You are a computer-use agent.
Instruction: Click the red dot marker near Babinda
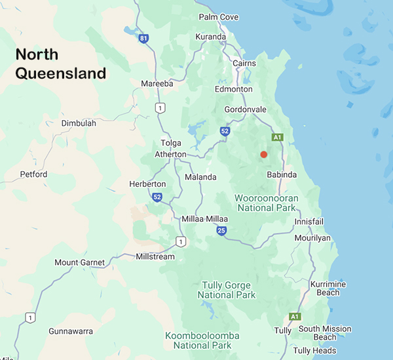coord(263,154)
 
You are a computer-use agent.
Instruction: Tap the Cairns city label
coord(245,64)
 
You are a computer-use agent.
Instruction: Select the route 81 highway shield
coord(143,39)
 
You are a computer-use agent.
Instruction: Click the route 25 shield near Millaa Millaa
coord(222,230)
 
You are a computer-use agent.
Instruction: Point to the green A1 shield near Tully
coord(295,316)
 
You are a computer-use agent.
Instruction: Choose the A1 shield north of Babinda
coord(278,137)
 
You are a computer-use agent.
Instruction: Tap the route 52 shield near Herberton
coord(157,197)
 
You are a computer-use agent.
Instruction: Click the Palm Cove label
coord(219,17)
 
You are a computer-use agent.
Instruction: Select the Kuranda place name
coord(210,37)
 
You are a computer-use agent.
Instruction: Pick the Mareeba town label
coord(157,83)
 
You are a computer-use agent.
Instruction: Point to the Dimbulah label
coord(79,123)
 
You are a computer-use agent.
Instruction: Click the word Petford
coord(33,174)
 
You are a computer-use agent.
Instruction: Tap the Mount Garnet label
coord(79,262)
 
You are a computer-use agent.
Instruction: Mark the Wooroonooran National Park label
coord(267,202)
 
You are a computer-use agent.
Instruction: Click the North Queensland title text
coord(60,64)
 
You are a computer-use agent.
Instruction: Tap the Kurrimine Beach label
coord(327,288)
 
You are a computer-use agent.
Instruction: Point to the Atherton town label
coord(170,154)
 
